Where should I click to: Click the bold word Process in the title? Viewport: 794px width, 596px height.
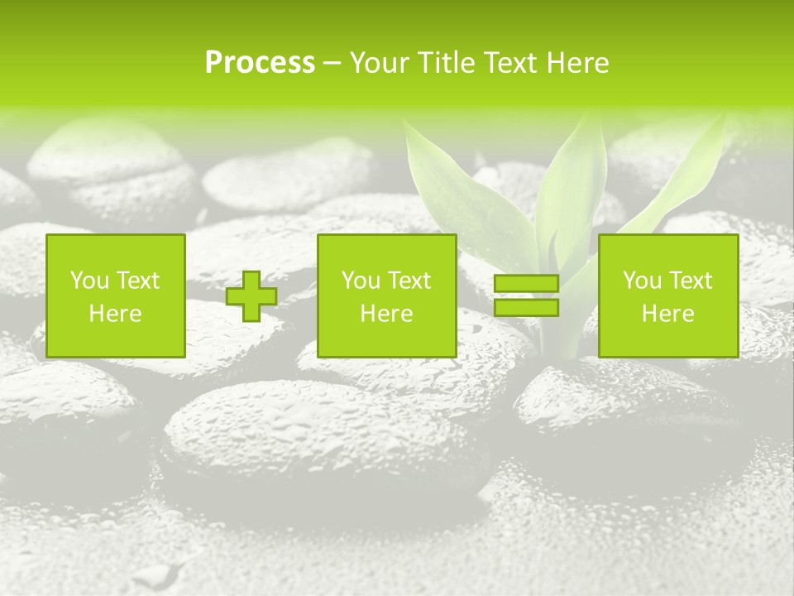pos(260,63)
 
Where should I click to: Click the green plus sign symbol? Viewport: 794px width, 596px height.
pos(251,296)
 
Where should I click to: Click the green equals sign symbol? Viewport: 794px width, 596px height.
pos(526,296)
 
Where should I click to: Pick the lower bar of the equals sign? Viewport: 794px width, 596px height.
pos(526,308)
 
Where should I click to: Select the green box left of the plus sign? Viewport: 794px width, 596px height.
pos(116,296)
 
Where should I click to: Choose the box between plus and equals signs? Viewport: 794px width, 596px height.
pos(386,296)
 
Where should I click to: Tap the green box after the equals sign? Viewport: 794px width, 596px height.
pos(668,296)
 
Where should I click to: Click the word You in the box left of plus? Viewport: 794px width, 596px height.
pos(88,281)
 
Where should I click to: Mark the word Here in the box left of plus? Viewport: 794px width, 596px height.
pos(116,314)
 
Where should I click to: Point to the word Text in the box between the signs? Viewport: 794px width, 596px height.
pos(409,281)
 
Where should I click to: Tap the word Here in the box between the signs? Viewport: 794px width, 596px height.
pos(386,314)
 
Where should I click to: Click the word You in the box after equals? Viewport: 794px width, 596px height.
pos(641,281)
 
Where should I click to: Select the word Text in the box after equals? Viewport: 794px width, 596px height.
pos(690,281)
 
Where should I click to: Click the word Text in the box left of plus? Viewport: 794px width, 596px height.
pos(137,281)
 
